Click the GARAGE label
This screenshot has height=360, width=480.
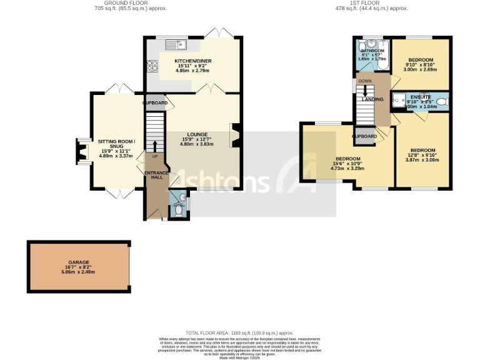[x=79, y=262]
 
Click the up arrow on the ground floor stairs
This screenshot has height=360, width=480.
[x=154, y=145]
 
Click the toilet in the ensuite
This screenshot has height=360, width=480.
[x=442, y=101]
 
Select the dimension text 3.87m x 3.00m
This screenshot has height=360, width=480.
[x=422, y=160]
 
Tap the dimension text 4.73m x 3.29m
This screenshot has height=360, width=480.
[x=347, y=168]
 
